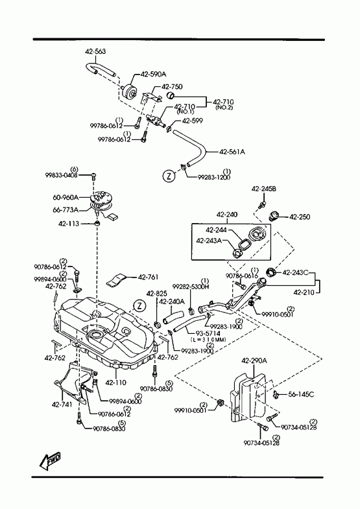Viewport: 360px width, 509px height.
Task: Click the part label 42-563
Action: coord(95,51)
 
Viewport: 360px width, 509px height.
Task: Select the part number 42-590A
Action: coord(153,75)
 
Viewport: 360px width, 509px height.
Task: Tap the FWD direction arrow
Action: coord(50,460)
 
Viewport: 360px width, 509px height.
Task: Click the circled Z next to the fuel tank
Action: coord(139,305)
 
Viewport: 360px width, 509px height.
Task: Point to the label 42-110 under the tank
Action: coord(115,383)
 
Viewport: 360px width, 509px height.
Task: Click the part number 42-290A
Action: coord(254,361)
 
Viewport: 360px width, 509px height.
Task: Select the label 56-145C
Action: coord(301,394)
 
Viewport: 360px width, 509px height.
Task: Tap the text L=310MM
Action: coord(208,340)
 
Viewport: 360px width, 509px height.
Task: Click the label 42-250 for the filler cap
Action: coord(300,217)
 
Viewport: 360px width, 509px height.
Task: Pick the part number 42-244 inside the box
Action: coord(216,230)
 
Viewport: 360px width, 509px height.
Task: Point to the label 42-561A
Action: coord(232,151)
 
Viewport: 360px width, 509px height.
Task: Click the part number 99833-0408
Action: coord(62,175)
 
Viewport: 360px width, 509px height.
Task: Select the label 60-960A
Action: coord(66,197)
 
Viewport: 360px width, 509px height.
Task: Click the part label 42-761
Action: coord(149,277)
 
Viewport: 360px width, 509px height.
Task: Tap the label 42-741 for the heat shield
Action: coord(62,405)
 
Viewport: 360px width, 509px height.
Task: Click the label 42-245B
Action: coord(263,188)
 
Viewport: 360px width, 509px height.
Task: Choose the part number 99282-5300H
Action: coord(191,287)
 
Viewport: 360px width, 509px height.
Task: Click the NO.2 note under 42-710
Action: coord(224,108)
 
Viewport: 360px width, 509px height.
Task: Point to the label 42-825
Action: coord(156,294)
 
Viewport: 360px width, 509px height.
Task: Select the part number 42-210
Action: coord(304,292)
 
